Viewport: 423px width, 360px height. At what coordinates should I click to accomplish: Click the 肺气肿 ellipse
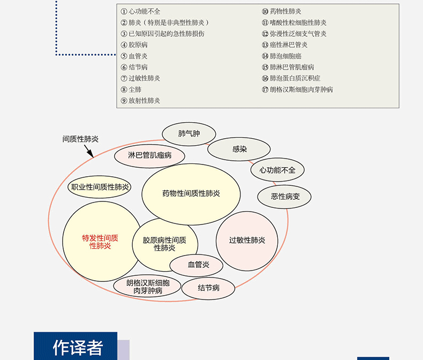189,134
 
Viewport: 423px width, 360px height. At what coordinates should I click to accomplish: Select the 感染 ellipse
239,149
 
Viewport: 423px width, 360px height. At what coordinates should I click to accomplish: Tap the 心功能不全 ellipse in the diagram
277,170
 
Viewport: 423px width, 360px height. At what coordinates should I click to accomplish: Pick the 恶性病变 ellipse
284,197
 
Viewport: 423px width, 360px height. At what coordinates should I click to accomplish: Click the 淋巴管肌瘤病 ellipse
149,156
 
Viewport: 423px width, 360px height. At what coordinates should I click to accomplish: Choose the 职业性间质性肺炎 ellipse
100,187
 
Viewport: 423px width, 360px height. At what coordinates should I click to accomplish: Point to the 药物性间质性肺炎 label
191,193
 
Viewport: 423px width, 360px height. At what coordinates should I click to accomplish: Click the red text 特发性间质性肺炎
100,242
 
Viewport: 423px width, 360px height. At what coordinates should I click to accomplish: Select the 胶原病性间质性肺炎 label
164,244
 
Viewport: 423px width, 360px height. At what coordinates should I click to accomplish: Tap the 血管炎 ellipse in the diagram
197,265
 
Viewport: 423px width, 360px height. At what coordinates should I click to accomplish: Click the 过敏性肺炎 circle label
247,240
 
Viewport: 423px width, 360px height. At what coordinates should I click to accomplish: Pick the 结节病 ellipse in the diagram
208,288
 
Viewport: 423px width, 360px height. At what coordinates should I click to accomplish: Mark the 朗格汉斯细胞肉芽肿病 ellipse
147,287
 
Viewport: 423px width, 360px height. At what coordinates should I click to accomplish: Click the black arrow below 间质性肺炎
89,151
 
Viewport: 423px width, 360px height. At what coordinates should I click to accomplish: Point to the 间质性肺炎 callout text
80,139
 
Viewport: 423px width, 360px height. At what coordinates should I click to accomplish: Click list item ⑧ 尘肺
131,89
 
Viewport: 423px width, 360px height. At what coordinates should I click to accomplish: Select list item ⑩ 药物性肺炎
281,11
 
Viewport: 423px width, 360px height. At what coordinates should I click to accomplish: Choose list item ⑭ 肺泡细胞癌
281,56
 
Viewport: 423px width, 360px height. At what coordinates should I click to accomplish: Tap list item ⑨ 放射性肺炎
140,101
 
